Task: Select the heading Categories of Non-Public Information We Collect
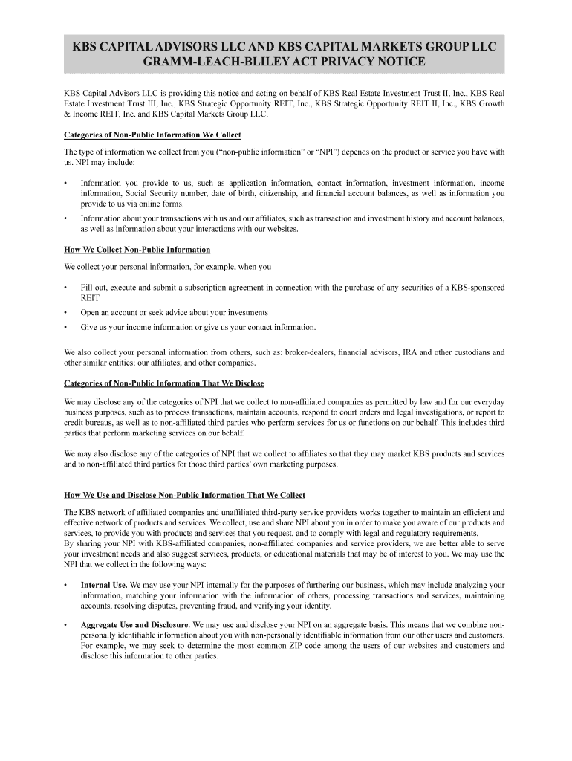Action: click(x=152, y=135)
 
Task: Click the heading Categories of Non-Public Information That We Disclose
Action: click(x=164, y=383)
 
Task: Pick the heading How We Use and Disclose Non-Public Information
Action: click(x=184, y=495)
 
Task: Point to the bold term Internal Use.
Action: click(x=104, y=585)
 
